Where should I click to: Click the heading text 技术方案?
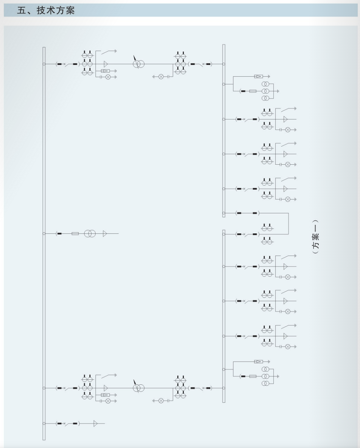pos(56,10)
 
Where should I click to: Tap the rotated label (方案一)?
pos(315,237)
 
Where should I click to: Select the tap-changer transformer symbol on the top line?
pos(138,63)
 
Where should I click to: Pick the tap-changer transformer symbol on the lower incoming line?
pos(138,387)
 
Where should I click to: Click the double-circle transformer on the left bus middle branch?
pos(90,234)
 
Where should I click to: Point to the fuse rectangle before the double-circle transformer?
pos(75,234)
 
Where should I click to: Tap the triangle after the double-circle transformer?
pos(105,234)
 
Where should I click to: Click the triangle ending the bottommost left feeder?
pos(95,423)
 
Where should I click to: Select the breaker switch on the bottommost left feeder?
pos(67,423)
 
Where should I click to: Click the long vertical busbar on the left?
pos(44,244)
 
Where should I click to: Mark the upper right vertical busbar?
pos(224,131)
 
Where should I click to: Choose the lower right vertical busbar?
pos(224,316)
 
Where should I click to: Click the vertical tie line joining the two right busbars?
pos(288,223)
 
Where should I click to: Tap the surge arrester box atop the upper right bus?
pos(259,76)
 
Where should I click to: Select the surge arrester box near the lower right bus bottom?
pos(259,361)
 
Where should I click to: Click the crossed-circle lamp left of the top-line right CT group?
pos(161,76)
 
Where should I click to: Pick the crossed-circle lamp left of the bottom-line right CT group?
pos(161,401)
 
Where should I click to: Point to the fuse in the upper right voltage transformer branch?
pos(253,91)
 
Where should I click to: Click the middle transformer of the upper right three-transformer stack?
pos(265,91)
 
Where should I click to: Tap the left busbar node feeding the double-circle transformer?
pos(44,234)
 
